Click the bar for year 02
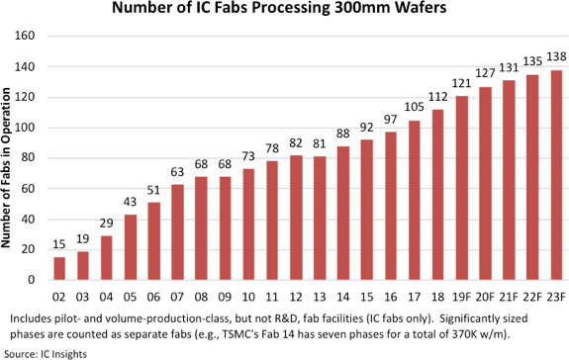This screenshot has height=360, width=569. [x=59, y=268]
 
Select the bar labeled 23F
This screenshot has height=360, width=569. [x=556, y=175]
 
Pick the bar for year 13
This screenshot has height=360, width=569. [x=320, y=219]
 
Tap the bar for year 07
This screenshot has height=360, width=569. [x=177, y=232]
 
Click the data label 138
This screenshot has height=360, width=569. [x=556, y=57]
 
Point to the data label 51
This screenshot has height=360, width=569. [x=153, y=190]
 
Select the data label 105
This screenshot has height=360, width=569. [x=414, y=107]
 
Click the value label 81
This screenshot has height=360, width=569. [x=320, y=144]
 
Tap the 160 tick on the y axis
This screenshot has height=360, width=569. [x=25, y=36]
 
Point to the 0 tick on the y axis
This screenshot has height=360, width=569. [x=32, y=280]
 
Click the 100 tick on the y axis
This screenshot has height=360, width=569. [x=25, y=128]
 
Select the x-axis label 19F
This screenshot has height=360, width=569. [x=461, y=298]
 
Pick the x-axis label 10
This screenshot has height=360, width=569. [x=248, y=298]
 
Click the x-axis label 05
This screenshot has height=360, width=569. [x=130, y=298]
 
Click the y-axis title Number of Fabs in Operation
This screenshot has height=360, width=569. [x=6, y=168]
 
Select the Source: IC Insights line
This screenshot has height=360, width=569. [x=46, y=354]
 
